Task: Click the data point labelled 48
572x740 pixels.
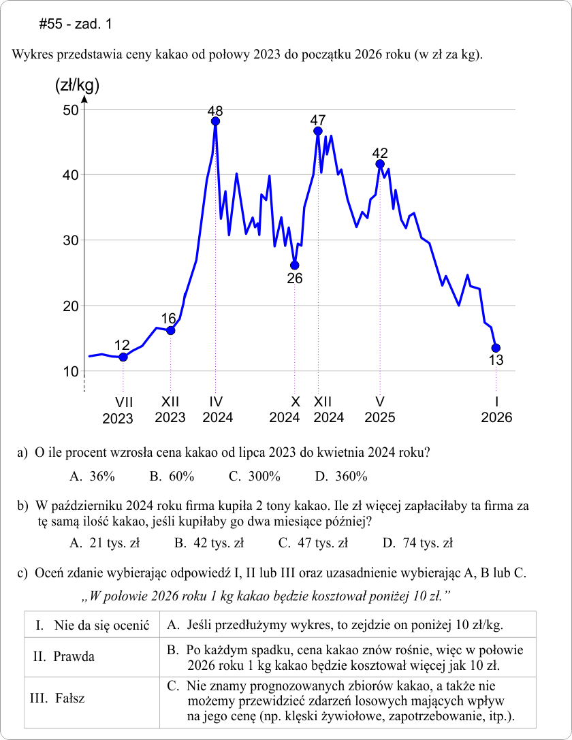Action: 216,122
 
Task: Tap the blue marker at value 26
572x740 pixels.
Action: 294,266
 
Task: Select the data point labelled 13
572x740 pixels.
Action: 496,348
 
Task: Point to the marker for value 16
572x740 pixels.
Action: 170,331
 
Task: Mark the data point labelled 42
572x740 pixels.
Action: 380,164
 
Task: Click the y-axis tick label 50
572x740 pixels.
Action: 70,110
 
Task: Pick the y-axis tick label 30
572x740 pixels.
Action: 70,240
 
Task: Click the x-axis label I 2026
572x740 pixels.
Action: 496,409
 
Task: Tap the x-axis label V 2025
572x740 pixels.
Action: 379,409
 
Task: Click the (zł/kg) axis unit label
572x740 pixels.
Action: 76,86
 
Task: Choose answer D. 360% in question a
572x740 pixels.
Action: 341,477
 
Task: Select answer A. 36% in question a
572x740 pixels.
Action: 92,477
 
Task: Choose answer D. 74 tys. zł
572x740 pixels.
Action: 417,543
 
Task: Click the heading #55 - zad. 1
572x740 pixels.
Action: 76,25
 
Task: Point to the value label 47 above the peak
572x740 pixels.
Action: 317,119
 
